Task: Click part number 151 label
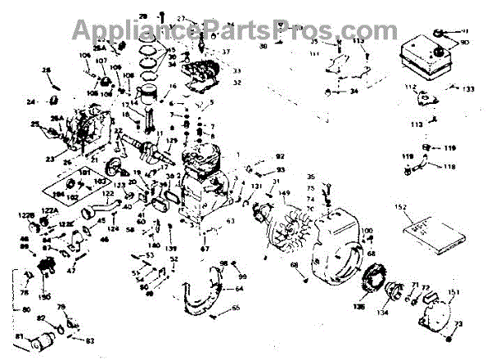click(x=454, y=292)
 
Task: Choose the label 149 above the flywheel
click(x=284, y=194)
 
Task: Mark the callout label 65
click(x=236, y=308)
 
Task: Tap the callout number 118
click(x=449, y=166)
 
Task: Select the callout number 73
click(x=457, y=326)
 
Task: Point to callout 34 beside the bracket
click(x=354, y=91)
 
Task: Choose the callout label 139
click(x=171, y=248)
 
